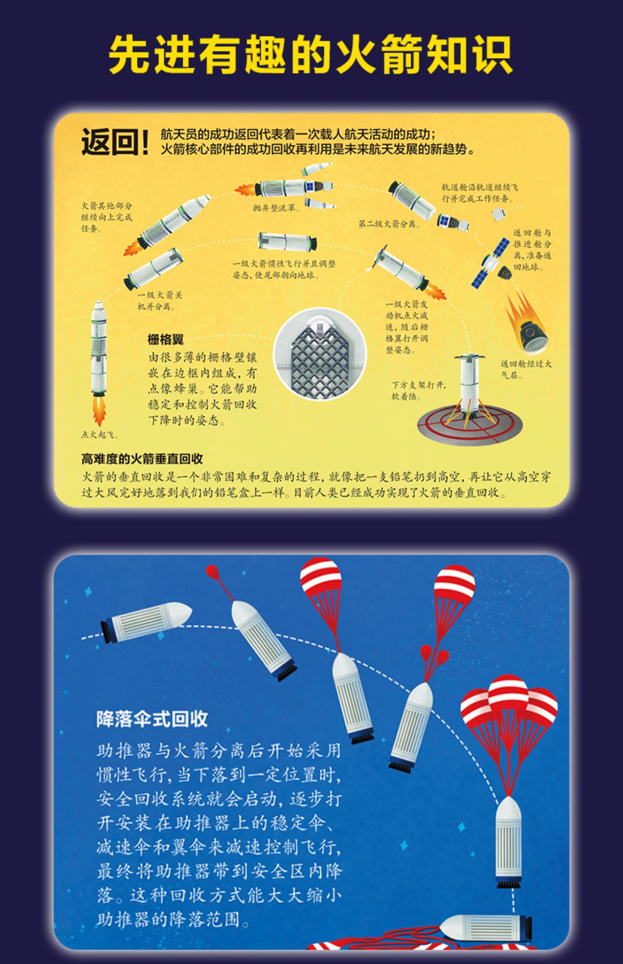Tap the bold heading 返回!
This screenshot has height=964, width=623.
(x=115, y=142)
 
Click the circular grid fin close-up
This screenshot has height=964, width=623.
(x=320, y=355)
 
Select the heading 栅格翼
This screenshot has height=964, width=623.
(x=165, y=340)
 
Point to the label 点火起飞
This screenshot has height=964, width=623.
(x=100, y=435)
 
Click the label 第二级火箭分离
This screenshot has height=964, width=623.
(x=389, y=224)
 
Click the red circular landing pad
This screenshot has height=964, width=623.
(x=469, y=424)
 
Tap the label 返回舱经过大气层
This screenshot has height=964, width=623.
(x=525, y=369)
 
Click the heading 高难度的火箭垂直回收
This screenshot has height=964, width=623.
(x=142, y=459)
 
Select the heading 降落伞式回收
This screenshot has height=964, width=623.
(x=152, y=719)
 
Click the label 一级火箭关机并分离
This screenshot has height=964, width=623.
(x=160, y=301)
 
